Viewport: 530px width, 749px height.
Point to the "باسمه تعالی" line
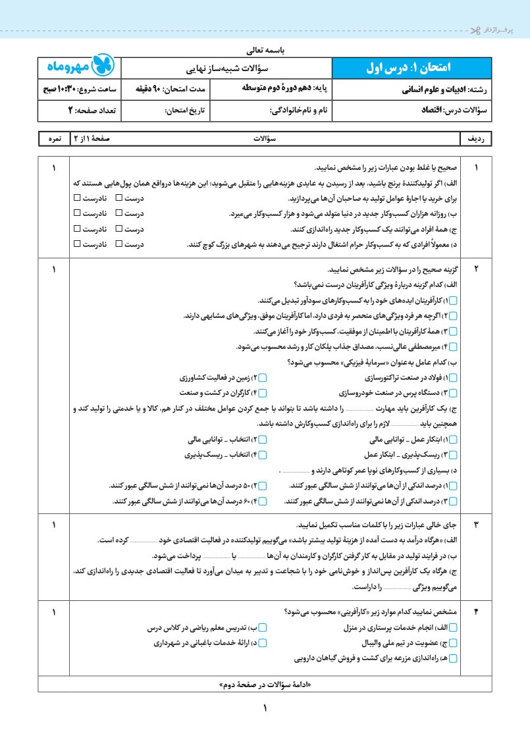tap(265, 49)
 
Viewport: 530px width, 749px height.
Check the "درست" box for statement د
tap(119, 244)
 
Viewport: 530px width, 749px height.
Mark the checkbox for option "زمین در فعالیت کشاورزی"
tap(262, 378)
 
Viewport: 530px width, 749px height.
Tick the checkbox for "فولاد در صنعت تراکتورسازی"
tap(460, 378)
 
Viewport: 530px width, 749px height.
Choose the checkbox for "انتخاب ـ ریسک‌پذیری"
tap(262, 454)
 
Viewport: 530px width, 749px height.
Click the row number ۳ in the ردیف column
tap(477, 525)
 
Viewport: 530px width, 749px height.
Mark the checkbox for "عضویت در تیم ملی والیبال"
tap(460, 642)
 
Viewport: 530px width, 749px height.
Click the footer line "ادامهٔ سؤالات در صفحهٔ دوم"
tap(264, 684)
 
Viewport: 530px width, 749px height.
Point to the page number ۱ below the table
tap(266, 709)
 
